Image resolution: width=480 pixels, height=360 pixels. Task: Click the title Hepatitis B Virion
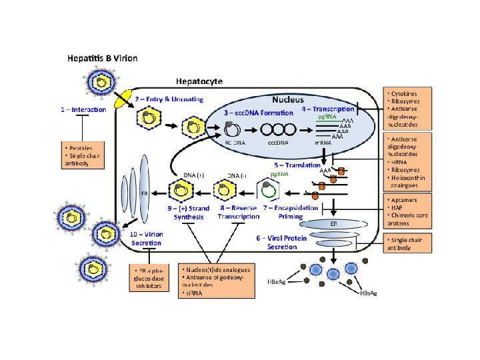(x=102, y=58)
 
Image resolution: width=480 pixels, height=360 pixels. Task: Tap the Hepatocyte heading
(x=199, y=81)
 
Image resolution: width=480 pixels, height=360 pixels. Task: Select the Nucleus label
(x=287, y=99)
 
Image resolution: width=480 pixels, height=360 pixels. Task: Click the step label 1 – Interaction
(x=83, y=109)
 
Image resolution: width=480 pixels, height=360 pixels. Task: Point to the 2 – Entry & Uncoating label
(x=169, y=99)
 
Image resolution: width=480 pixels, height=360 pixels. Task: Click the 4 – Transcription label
(x=328, y=109)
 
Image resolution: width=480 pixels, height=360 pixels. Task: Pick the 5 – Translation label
(x=297, y=165)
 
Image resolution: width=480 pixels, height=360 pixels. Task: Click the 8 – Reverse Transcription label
(x=239, y=212)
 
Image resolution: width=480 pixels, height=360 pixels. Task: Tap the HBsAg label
(x=368, y=293)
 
